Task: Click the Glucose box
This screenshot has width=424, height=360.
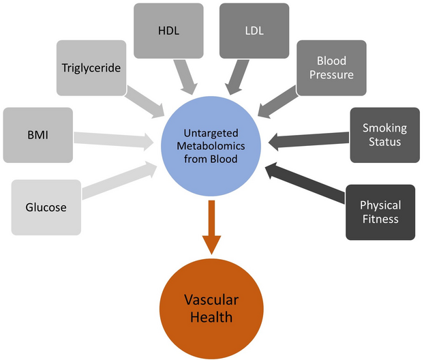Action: pyautogui.click(x=47, y=207)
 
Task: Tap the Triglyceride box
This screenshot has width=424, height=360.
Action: pyautogui.click(x=91, y=68)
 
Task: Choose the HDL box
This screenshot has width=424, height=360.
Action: pyautogui.click(x=168, y=31)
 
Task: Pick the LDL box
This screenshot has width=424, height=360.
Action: pyautogui.click(x=253, y=31)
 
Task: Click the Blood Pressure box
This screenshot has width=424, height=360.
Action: pyautogui.click(x=331, y=68)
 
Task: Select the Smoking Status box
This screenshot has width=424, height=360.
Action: pyautogui.click(x=384, y=134)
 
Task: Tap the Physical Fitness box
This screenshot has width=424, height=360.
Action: pyautogui.click(x=380, y=212)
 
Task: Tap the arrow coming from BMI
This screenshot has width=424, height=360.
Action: pyautogui.click(x=112, y=139)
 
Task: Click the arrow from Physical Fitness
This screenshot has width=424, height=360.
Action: pyautogui.click(x=306, y=181)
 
